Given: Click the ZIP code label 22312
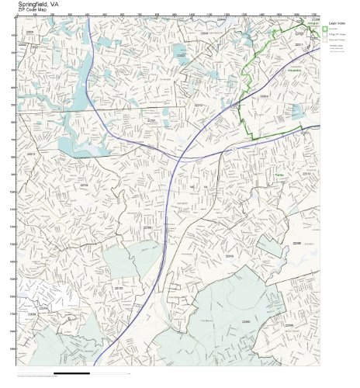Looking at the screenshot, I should (199, 104).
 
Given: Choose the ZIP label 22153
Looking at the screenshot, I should (119, 288).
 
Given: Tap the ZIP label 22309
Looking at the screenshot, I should (289, 326).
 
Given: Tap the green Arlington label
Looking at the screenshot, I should (314, 25).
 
